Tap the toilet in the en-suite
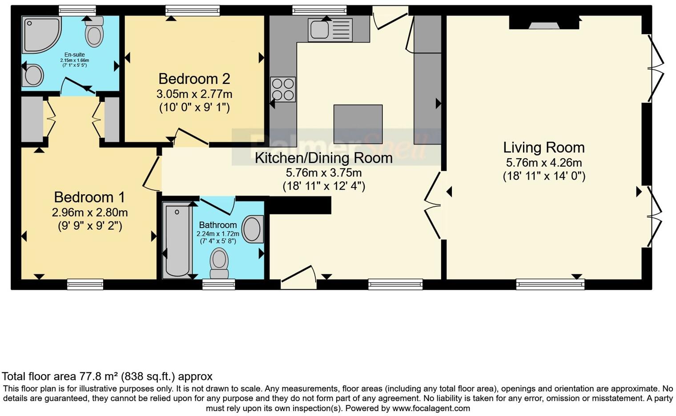pyautogui.click(x=94, y=32)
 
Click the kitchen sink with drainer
pyautogui.click(x=330, y=30)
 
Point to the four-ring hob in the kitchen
pyautogui.click(x=283, y=89)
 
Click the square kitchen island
pyautogui.click(x=358, y=124)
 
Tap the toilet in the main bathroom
pyautogui.click(x=219, y=264)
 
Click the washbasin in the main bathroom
pyautogui.click(x=253, y=229)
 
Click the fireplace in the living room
pyautogui.click(x=544, y=23)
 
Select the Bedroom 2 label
pyautogui.click(x=194, y=79)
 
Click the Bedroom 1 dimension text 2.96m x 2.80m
pyautogui.click(x=90, y=213)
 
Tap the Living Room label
pyautogui.click(x=544, y=148)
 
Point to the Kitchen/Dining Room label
pyautogui.click(x=323, y=158)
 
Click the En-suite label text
pyautogui.click(x=75, y=55)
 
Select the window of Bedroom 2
pyautogui.click(x=193, y=11)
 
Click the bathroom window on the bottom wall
pyautogui.click(x=218, y=284)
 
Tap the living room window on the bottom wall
pyautogui.click(x=550, y=284)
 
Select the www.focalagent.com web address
pyautogui.click(x=431, y=408)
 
